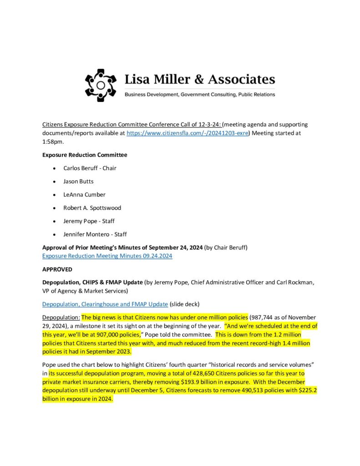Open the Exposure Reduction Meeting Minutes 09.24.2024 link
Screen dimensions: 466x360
coord(107,256)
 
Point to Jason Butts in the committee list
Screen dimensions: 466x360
coord(78,181)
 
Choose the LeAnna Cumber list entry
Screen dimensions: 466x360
coord(84,194)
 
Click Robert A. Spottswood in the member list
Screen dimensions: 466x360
coord(92,208)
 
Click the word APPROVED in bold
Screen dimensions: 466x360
coord(57,269)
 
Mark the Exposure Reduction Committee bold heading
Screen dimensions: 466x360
coord(85,155)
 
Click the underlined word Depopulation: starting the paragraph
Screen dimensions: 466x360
coord(61,317)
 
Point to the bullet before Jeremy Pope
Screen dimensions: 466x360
coord(55,221)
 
